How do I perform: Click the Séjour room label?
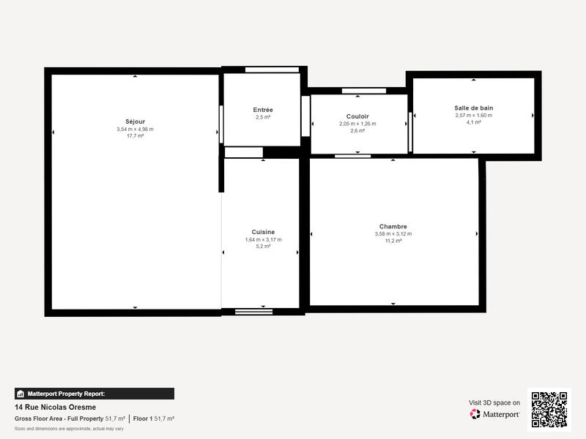click(x=135, y=121)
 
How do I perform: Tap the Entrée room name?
click(x=263, y=110)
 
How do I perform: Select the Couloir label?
click(x=357, y=116)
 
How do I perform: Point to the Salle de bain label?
click(x=474, y=108)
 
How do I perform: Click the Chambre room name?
click(x=393, y=227)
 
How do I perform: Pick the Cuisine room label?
click(x=263, y=232)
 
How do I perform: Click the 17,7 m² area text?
click(x=135, y=136)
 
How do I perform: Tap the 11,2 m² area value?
click(x=393, y=241)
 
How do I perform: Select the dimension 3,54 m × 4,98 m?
click(x=135, y=129)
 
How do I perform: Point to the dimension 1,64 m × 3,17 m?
click(x=263, y=239)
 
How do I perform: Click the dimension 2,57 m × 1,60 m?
click(x=474, y=115)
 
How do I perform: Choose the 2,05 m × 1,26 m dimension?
click(x=357, y=124)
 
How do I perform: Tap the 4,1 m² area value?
click(x=474, y=122)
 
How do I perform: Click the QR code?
click(x=549, y=409)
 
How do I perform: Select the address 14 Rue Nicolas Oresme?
click(x=55, y=408)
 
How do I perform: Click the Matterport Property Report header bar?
click(x=94, y=394)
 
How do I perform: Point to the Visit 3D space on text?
click(x=494, y=402)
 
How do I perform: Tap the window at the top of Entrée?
click(x=272, y=70)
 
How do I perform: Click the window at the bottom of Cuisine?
click(x=254, y=312)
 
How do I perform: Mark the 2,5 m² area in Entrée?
click(x=263, y=117)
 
